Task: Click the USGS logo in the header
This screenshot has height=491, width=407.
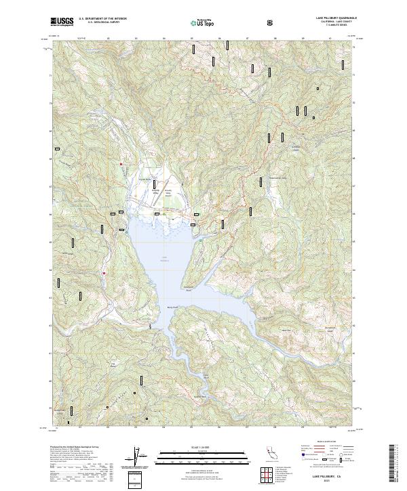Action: coord(62,22)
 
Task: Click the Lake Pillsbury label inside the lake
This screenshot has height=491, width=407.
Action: coord(164,258)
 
